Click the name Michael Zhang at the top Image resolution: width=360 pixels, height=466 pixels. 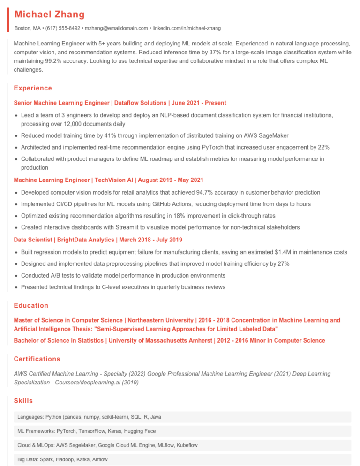(49, 15)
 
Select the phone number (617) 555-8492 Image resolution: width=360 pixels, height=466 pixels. (62, 28)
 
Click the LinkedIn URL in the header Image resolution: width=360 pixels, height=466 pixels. (187, 28)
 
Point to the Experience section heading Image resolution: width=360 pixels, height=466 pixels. (33, 88)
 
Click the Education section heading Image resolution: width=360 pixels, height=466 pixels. (31, 305)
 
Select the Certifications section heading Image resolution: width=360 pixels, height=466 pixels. (37, 359)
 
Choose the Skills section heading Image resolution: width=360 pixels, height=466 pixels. (23, 401)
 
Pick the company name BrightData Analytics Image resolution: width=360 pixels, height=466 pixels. (82, 240)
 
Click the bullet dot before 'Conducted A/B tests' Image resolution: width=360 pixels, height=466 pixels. (16, 275)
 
